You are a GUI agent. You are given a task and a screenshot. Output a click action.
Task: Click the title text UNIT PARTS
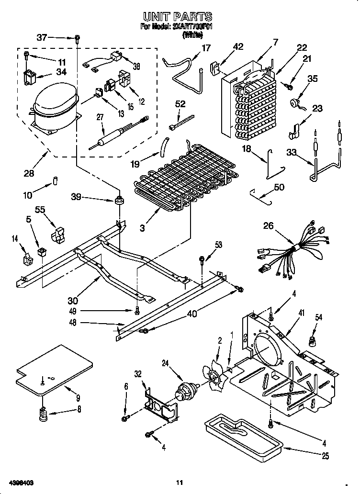[179, 17]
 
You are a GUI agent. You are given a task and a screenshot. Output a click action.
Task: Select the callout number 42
[237, 46]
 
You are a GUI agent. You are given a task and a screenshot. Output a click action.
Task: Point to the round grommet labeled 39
[117, 199]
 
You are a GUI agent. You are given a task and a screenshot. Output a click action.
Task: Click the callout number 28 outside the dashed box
[29, 173]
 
